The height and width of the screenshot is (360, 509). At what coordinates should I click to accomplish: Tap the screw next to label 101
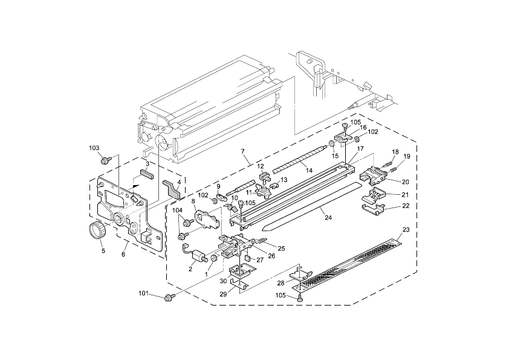170,296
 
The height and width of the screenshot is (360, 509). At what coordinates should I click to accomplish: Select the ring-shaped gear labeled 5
96,231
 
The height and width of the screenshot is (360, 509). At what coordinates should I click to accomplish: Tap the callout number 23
406,229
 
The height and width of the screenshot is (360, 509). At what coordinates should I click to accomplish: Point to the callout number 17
360,149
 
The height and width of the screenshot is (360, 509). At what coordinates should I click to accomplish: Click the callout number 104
178,210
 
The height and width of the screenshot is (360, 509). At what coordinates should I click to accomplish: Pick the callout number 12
261,166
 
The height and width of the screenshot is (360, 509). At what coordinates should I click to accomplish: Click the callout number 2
190,269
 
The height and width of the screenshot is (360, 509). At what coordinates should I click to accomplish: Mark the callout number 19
407,157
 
